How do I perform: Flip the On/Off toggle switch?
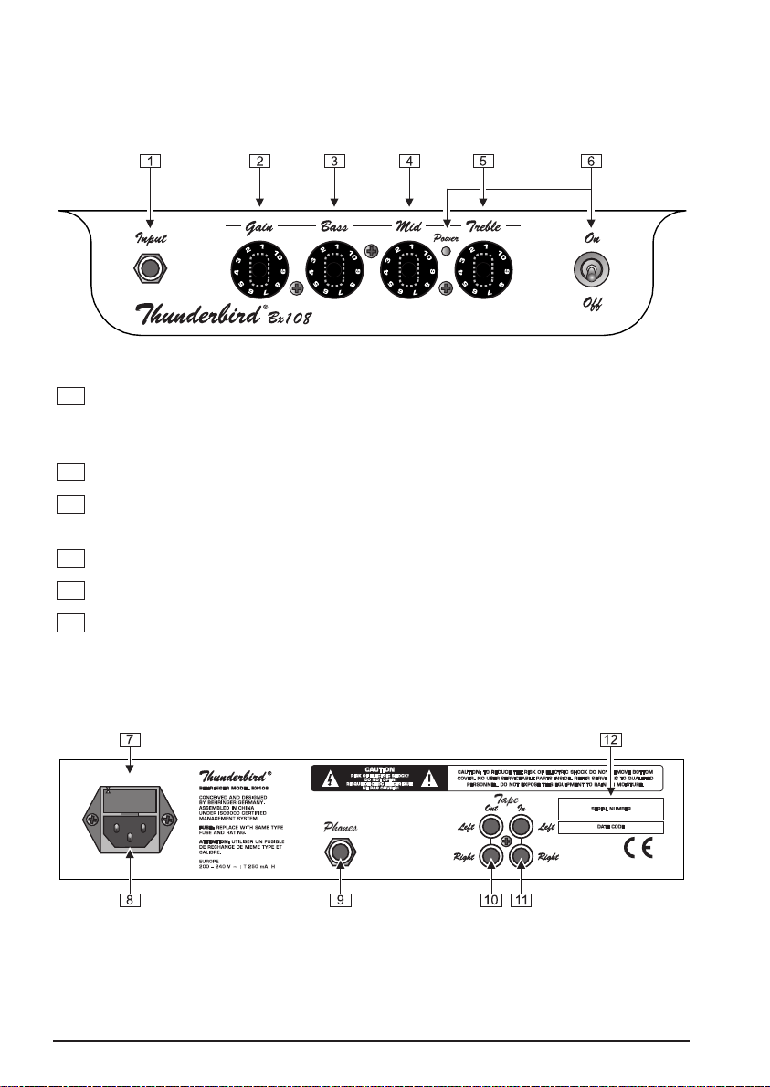tap(589, 271)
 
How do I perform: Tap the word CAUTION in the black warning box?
tap(377, 769)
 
